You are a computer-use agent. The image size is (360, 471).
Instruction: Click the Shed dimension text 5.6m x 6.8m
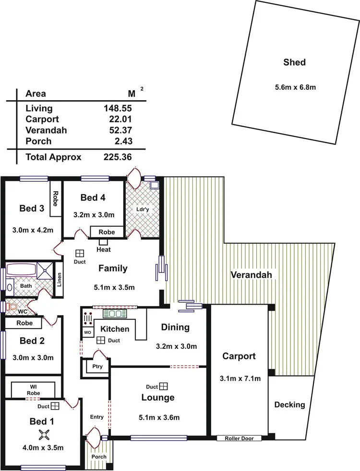click(x=294, y=87)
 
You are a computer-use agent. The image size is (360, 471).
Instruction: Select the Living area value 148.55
click(x=118, y=108)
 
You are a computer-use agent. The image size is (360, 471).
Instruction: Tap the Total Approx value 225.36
click(x=118, y=157)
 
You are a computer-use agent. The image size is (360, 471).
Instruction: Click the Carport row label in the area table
click(x=42, y=119)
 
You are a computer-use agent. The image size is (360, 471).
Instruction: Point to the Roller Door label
click(x=239, y=438)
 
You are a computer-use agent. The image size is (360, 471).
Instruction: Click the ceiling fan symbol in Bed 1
click(x=45, y=435)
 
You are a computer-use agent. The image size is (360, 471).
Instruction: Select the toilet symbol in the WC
click(x=12, y=306)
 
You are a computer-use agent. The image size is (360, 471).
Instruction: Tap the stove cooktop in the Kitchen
click(x=89, y=318)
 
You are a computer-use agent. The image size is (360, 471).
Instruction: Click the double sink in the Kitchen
click(x=114, y=314)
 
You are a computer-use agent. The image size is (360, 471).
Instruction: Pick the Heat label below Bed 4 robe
click(x=103, y=249)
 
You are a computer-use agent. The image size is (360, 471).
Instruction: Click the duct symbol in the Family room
click(x=80, y=254)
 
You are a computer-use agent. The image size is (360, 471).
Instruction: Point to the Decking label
click(x=289, y=405)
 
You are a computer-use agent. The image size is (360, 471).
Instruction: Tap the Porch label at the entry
click(x=99, y=456)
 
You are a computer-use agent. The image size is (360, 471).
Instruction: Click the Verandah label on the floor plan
click(x=252, y=275)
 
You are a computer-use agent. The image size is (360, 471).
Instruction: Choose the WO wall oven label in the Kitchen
click(x=87, y=332)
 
